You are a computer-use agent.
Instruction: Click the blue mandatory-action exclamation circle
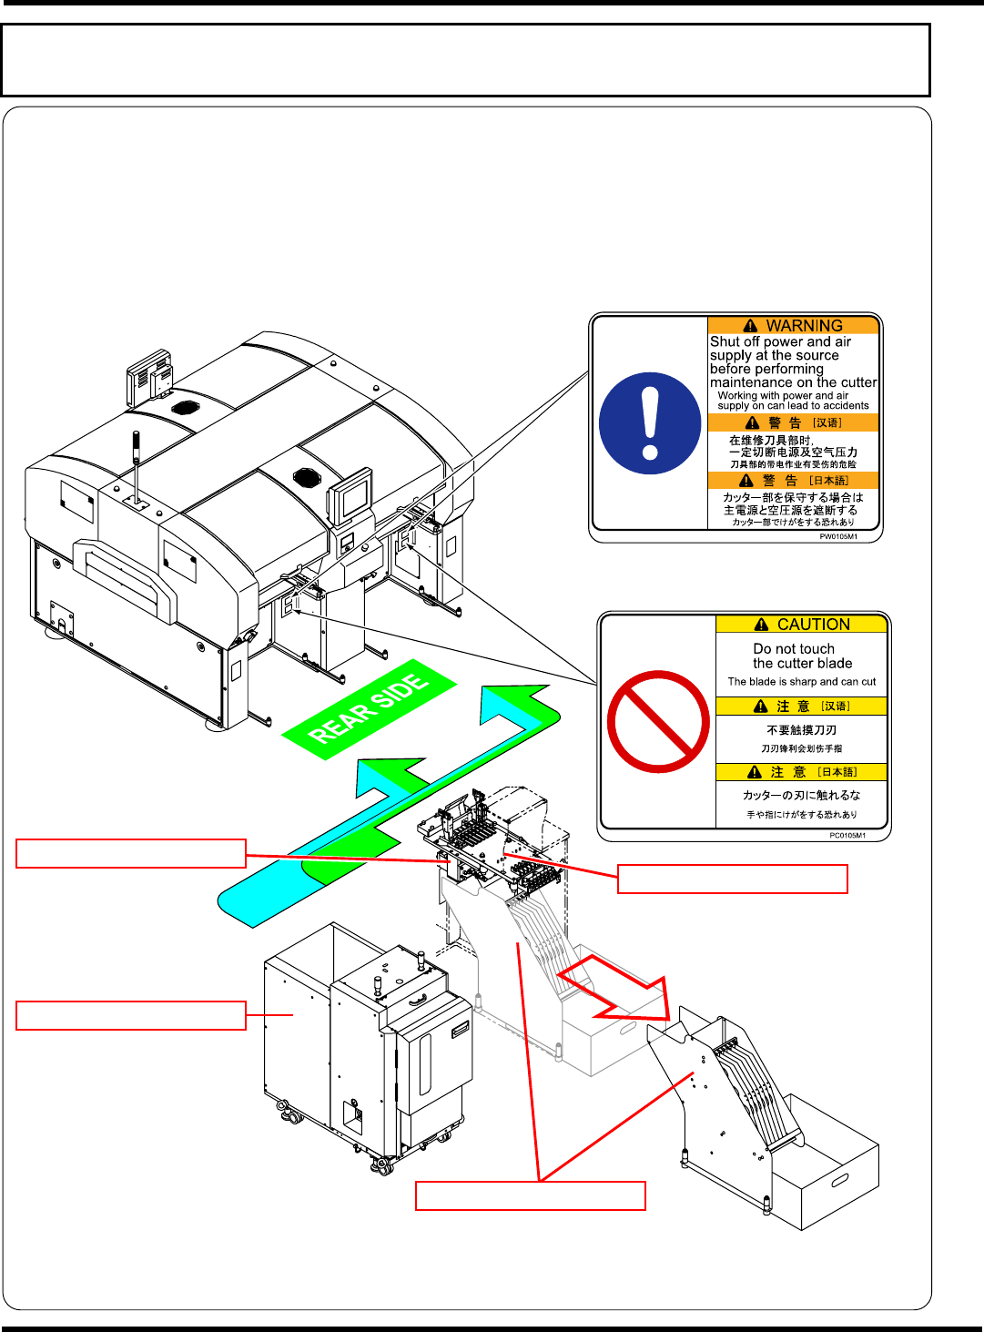pos(650,423)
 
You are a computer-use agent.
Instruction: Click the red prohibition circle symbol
pos(658,722)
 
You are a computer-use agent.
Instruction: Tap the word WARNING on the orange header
pos(804,326)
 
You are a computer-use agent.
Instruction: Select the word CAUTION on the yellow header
pos(813,625)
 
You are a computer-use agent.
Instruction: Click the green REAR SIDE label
pos(369,709)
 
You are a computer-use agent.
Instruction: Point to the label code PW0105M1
pos(838,536)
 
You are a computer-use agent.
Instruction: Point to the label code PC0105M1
pos(847,835)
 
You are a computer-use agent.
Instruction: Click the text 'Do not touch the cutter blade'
pos(802,656)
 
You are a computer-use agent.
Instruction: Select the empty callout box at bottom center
pos(531,1195)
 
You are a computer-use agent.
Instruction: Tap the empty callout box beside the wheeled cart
pos(131,1015)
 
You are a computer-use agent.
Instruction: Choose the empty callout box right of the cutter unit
pos(733,879)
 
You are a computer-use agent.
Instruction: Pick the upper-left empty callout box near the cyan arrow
pos(131,853)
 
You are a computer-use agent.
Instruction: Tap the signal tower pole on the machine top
pos(137,460)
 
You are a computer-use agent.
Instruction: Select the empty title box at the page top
pos(465,60)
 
